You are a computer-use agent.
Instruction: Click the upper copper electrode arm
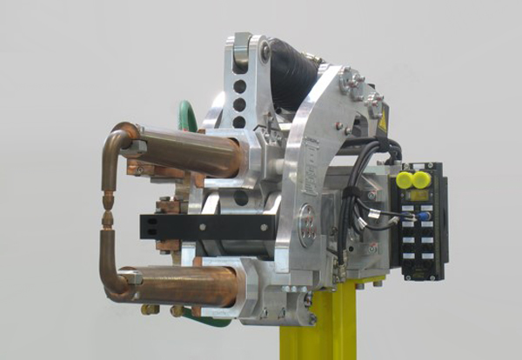(187, 150)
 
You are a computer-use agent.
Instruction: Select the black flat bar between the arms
(204, 226)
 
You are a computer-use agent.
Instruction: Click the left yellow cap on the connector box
(404, 180)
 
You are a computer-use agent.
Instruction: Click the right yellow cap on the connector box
(421, 180)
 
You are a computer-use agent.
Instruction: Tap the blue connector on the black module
(424, 217)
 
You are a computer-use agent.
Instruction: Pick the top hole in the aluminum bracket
(239, 87)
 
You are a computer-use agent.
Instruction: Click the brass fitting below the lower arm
(151, 309)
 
